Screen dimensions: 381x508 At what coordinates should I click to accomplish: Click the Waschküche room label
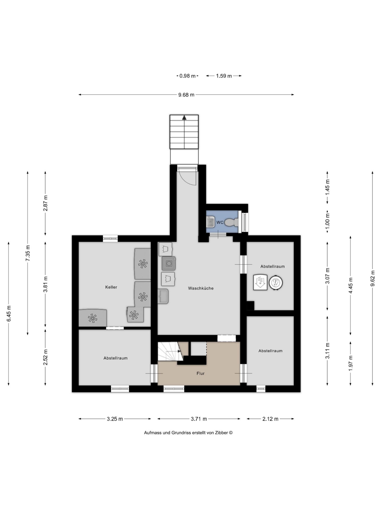201,288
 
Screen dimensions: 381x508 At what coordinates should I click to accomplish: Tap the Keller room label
111,287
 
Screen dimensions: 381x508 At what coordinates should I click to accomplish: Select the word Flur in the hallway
201,374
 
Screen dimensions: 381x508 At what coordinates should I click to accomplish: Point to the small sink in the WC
210,222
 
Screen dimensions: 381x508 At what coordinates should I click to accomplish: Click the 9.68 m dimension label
186,95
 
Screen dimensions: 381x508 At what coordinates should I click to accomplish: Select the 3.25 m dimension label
115,419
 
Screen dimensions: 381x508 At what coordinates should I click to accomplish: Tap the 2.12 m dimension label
270,419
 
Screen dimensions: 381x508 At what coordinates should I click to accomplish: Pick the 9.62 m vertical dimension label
373,278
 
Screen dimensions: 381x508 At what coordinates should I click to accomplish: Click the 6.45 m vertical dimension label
9,314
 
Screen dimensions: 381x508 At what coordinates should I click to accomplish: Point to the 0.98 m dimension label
187,76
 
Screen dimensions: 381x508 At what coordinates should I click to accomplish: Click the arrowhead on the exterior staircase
184,118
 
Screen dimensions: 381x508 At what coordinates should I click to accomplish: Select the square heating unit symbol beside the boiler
260,282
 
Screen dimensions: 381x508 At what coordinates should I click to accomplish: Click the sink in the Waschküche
163,296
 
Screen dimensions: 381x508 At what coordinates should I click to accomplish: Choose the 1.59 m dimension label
224,76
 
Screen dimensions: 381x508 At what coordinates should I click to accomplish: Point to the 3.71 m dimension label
199,419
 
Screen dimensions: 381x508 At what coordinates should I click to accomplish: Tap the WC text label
220,223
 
